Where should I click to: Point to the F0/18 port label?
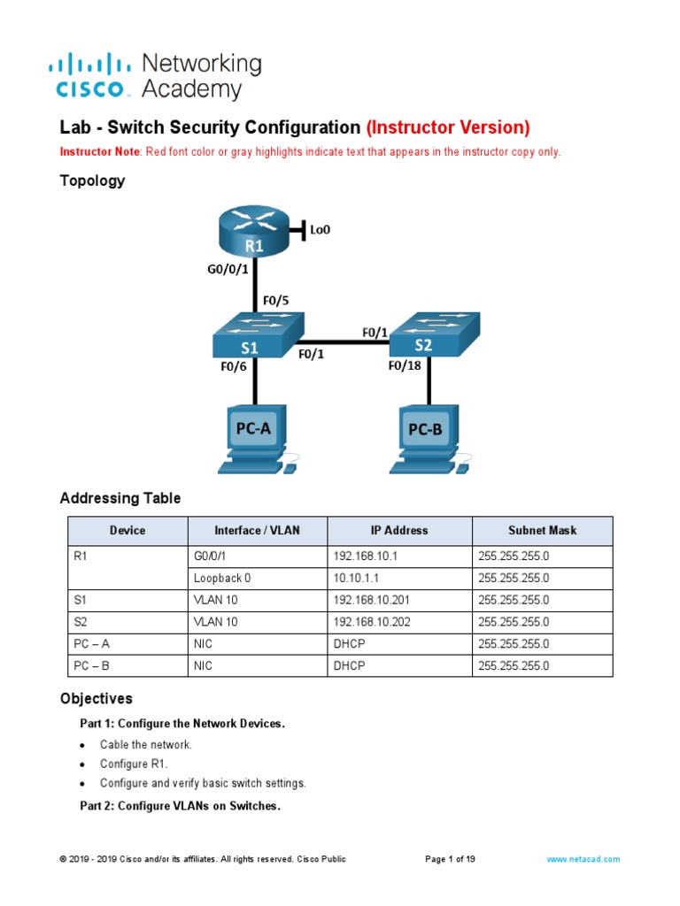406,365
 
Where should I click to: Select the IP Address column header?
398,531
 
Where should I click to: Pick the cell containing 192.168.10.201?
372,600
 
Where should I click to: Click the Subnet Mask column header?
542,531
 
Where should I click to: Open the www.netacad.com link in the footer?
583,859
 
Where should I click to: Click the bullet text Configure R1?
134,764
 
